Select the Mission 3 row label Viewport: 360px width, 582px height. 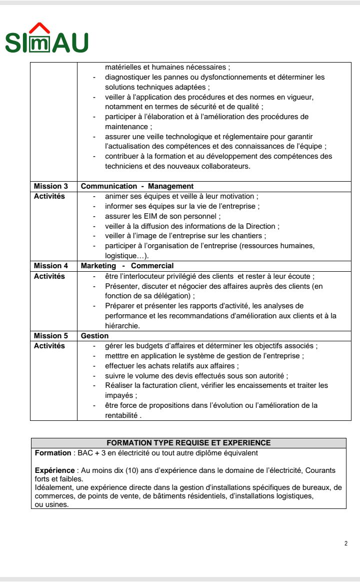click(50, 186)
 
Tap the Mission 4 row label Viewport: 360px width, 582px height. click(50, 266)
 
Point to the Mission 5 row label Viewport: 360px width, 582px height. click(50, 336)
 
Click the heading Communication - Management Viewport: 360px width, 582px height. click(137, 186)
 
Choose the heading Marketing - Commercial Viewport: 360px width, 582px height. click(127, 266)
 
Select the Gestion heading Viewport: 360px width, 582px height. click(94, 336)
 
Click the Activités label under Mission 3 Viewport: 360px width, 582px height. click(49, 196)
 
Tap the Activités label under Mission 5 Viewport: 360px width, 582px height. click(49, 346)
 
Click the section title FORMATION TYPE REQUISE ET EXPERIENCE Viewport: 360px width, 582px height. click(188, 443)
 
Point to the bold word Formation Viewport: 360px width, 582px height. click(53, 453)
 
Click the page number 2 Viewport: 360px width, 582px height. click(346, 543)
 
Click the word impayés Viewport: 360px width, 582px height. click(118, 395)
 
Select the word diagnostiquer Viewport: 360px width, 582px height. click(126, 77)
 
